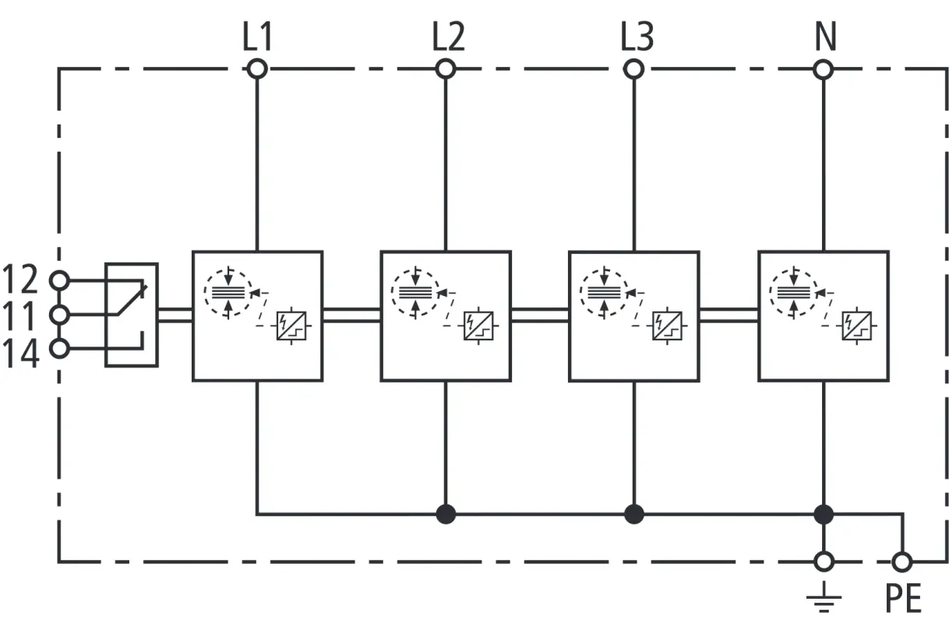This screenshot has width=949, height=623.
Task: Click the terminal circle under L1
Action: pos(257,69)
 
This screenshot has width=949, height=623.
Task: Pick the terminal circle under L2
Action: pos(446,69)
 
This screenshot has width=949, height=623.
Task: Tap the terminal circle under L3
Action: pos(634,69)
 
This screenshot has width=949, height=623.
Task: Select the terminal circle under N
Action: pos(824,69)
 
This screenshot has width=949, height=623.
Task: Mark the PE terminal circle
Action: pos(902,561)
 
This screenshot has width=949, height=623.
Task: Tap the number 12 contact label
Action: pos(21,278)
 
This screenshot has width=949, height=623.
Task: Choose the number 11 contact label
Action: pos(21,315)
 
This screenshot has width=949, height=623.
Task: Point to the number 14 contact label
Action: pos(21,353)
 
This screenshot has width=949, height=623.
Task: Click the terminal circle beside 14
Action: pos(58,348)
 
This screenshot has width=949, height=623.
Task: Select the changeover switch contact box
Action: pos(131,315)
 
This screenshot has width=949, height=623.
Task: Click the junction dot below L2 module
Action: pos(446,514)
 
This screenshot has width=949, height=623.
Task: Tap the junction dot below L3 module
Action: pos(634,514)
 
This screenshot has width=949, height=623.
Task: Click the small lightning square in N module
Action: pos(858,325)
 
